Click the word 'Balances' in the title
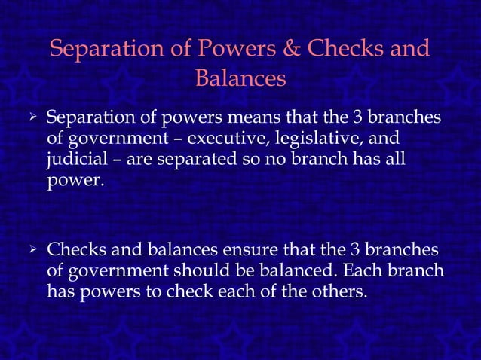click(240, 78)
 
